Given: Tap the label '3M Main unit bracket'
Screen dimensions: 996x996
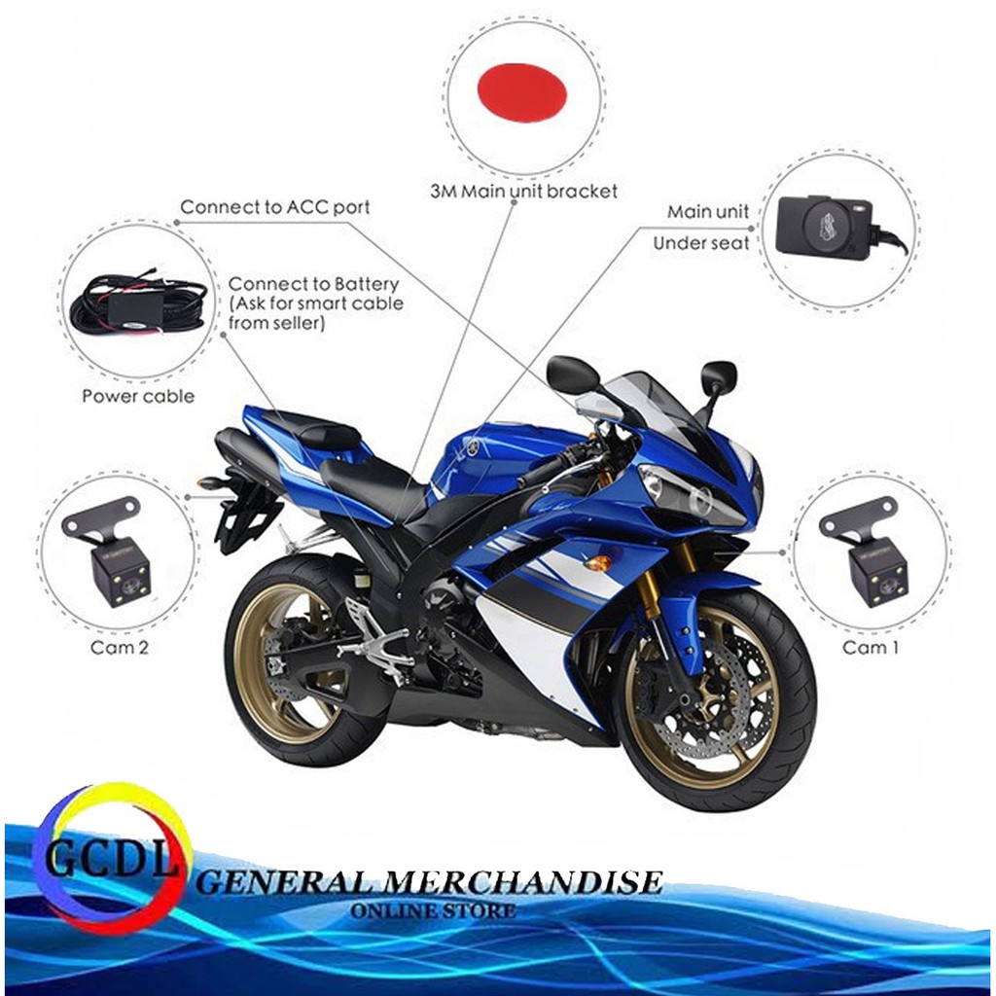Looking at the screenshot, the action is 523,191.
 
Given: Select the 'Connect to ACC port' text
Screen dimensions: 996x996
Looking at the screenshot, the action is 275,207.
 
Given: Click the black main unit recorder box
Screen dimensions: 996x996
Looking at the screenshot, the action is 824,227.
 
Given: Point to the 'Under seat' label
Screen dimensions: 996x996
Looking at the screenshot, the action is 701,243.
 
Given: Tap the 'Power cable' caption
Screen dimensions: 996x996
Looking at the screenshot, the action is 138,396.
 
